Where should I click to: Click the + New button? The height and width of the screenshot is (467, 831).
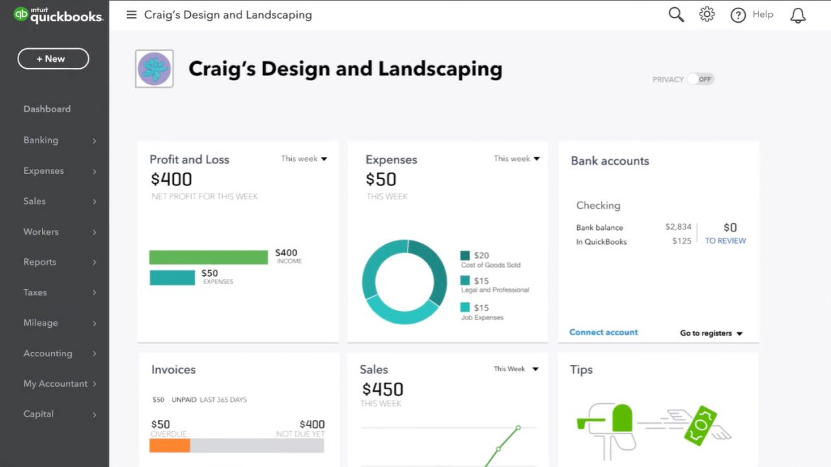(53, 59)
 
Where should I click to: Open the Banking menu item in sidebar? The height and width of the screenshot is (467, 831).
(41, 141)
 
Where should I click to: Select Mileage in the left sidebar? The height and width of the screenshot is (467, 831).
(40, 323)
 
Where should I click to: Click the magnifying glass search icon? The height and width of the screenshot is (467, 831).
(676, 15)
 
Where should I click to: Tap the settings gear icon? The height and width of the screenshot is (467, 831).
(707, 15)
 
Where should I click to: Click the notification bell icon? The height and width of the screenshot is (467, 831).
(798, 16)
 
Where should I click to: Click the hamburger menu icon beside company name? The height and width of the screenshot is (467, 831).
(131, 15)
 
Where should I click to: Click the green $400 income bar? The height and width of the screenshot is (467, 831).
(208, 257)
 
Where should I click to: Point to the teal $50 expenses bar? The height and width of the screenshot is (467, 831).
(172, 278)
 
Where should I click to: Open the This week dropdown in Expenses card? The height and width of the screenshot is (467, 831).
(516, 159)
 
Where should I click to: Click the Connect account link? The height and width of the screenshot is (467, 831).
(604, 332)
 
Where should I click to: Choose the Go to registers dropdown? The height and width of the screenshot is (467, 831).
(711, 333)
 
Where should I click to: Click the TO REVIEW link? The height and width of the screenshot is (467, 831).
(725, 241)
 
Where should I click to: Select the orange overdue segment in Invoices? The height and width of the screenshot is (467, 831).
(169, 446)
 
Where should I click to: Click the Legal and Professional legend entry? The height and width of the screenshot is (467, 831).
(494, 285)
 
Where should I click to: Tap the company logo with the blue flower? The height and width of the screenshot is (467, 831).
(154, 69)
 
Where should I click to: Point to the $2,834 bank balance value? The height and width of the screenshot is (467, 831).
(678, 227)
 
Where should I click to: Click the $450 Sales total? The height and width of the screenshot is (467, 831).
(383, 389)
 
